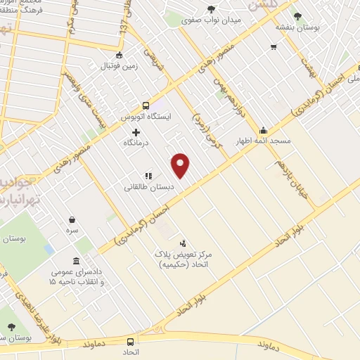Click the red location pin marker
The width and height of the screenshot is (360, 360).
[x=181, y=165]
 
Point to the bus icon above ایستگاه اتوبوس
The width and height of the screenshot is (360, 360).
[x=146, y=103]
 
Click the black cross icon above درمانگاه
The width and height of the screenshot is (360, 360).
[x=136, y=131]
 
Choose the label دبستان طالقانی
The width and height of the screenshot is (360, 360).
[x=148, y=187]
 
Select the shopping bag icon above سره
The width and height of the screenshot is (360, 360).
[x=72, y=219]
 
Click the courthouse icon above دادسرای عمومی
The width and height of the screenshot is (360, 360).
[x=76, y=259]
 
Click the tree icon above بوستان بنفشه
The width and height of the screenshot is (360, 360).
[x=297, y=15]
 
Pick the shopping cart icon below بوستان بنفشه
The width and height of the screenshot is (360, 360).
[x=274, y=47]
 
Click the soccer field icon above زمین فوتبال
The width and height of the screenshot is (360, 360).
[x=119, y=56]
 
